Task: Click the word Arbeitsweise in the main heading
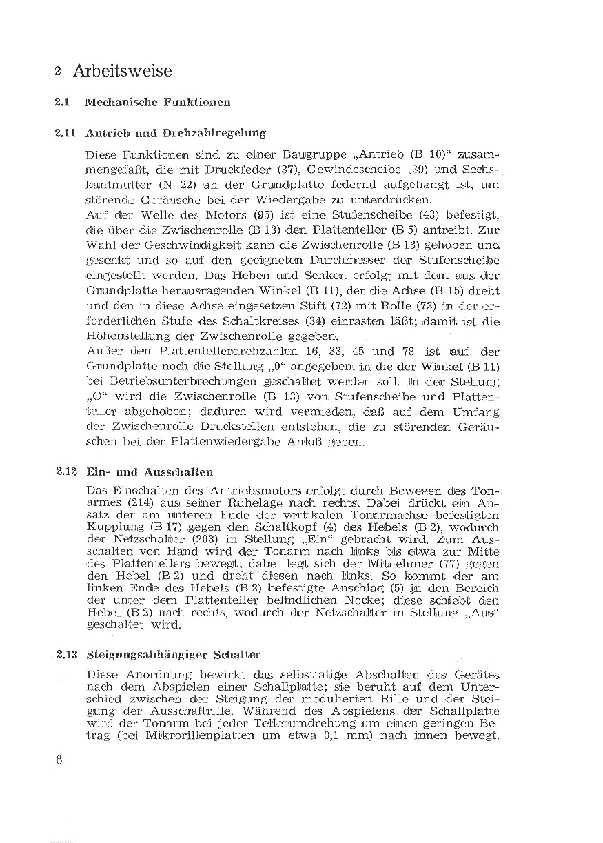tap(122, 71)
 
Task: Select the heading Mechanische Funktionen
tap(157, 102)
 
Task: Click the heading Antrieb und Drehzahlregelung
tap(176, 132)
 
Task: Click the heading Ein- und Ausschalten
tap(150, 472)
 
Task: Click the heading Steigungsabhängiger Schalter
tap(173, 654)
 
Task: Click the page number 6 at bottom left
tap(59, 760)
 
